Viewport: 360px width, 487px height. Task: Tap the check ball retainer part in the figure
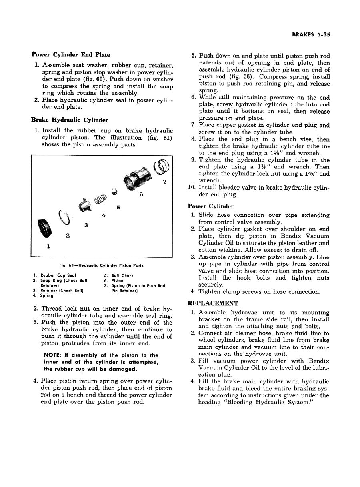(x=85, y=206)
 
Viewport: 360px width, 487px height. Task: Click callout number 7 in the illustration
(x=164, y=182)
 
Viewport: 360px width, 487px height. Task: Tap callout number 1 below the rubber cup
(x=48, y=247)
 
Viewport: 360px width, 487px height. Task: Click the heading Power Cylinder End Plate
(x=71, y=54)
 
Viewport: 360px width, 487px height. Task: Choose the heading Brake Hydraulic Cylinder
(x=70, y=120)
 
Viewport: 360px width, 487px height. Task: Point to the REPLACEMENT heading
(x=213, y=303)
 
